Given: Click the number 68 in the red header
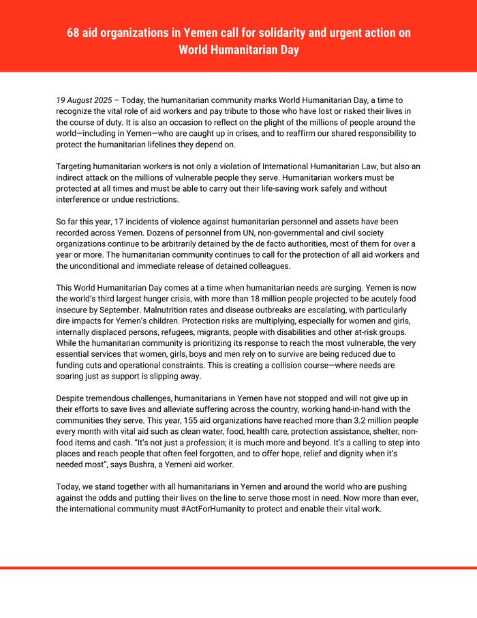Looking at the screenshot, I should click(x=74, y=33).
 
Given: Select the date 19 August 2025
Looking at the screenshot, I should click(x=84, y=100).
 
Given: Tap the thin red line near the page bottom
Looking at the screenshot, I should click(x=238, y=568).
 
